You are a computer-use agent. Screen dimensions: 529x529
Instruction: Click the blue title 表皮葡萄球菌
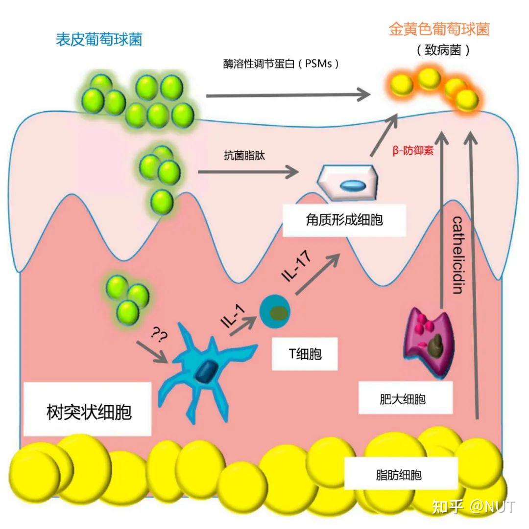click(x=99, y=40)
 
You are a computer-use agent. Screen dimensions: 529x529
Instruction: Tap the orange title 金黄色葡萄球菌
click(x=439, y=29)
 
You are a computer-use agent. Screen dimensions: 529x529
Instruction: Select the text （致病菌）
click(x=443, y=50)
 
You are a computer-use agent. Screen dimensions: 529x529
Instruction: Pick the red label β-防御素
click(x=413, y=151)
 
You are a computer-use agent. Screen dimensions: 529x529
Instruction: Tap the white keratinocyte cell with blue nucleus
click(x=348, y=182)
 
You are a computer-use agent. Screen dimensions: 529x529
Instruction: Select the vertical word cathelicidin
click(x=457, y=254)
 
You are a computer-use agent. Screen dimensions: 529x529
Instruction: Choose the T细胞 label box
click(x=305, y=353)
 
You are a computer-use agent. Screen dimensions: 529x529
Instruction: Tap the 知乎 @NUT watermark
click(x=473, y=506)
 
